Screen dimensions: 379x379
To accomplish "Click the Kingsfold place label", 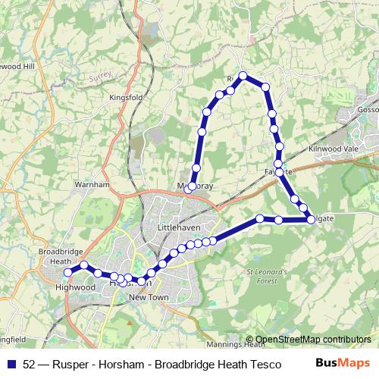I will click(126, 98).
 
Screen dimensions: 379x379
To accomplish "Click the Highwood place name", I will click(76, 288).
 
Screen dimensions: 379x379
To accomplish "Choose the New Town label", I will click(149, 299).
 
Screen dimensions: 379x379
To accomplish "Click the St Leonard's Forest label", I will click(267, 276).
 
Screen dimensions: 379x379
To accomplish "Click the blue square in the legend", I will click(11, 364).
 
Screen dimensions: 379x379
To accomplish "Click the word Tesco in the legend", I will click(255, 364).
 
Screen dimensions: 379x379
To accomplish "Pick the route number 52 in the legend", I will click(28, 364).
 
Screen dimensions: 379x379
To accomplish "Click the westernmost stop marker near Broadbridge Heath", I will click(68, 272).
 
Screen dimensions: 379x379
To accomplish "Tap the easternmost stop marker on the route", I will click(312, 220).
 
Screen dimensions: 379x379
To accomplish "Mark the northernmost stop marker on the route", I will click(243, 76).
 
